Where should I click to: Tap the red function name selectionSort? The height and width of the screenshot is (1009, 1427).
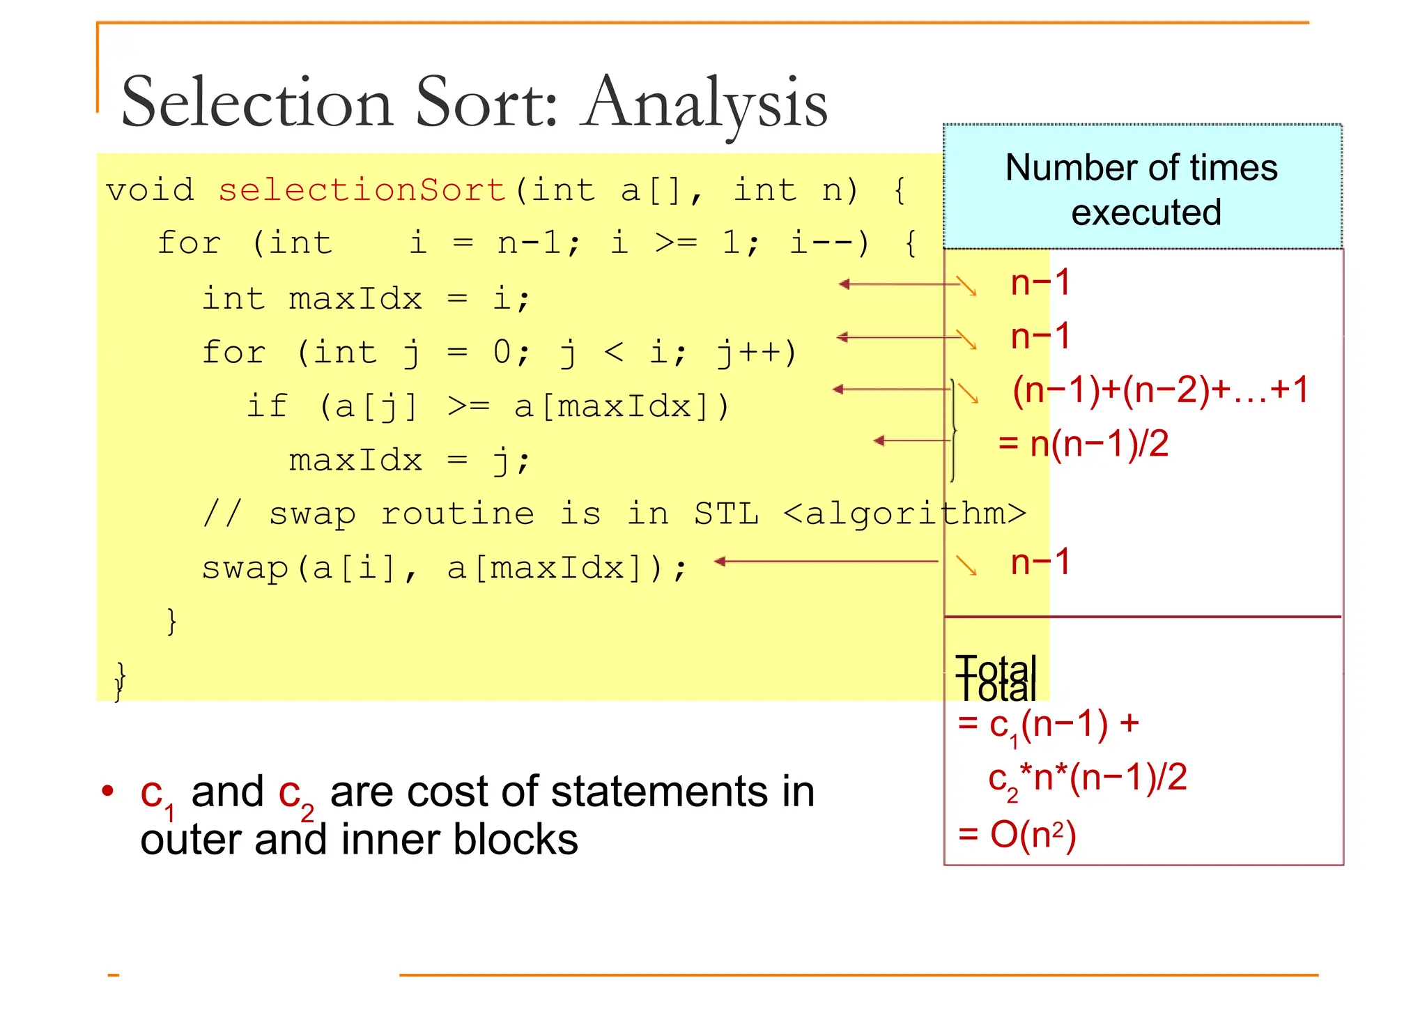[x=362, y=190]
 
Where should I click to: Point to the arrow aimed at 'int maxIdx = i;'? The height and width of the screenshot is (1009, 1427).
[x=899, y=284]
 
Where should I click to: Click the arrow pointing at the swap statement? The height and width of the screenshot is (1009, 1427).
[x=826, y=561]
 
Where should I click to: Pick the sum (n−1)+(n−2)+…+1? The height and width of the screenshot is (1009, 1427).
[x=1160, y=390]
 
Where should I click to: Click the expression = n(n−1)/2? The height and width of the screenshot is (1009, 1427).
[x=1083, y=444]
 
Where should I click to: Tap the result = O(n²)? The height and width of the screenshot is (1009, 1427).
[x=1017, y=834]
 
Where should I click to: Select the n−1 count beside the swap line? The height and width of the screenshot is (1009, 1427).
[x=1040, y=562]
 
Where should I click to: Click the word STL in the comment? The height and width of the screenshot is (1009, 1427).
[x=726, y=514]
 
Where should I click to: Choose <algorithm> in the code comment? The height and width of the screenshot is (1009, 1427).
[x=904, y=514]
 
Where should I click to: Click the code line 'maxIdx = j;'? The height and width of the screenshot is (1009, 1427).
[x=410, y=461]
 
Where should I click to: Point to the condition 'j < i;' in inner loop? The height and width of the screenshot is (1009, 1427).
[x=623, y=353]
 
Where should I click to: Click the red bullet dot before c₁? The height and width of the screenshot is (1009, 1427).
[x=107, y=792]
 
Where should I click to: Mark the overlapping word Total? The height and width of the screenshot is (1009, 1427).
[x=996, y=679]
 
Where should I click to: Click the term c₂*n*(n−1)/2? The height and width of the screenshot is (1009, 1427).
[x=1087, y=778]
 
